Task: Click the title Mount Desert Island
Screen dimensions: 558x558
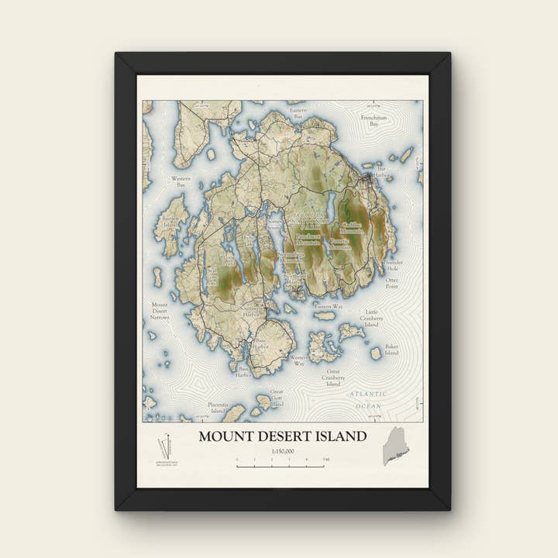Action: [x=282, y=436]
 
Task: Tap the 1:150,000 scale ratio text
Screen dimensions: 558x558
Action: [x=282, y=451]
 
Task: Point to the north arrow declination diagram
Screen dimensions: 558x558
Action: [x=165, y=447]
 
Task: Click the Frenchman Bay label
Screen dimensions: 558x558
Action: [x=374, y=120]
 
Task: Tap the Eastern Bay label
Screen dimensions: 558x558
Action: [x=298, y=114]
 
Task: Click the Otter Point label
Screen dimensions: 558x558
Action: [x=392, y=283]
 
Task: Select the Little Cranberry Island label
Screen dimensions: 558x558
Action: [x=372, y=318]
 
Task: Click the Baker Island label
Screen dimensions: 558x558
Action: [x=391, y=350]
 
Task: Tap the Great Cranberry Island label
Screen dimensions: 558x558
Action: [x=333, y=377]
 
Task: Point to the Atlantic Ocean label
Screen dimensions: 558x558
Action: [x=367, y=399]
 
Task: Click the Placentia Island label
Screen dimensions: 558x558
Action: [x=218, y=408]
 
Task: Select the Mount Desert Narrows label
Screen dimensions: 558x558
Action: [x=160, y=311]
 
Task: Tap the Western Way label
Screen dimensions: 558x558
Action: [x=298, y=360]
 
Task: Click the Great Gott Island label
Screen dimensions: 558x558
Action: [x=277, y=398]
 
